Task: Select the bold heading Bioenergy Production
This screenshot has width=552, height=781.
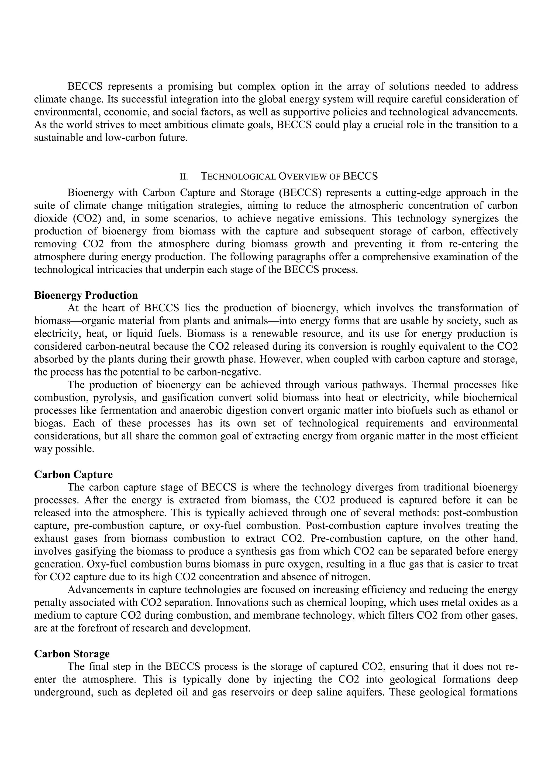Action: point(86,295)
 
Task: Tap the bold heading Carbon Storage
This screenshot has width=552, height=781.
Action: point(72,654)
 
